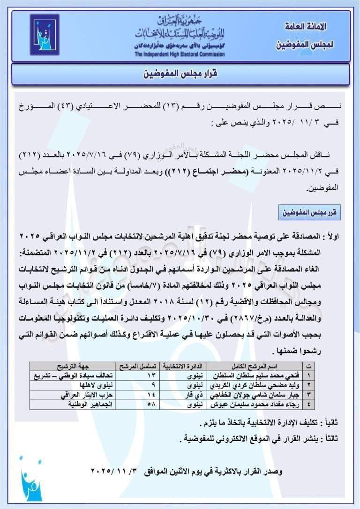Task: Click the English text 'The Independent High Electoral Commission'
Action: [180, 54]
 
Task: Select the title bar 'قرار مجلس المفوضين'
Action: [181, 74]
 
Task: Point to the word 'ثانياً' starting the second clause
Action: [332, 423]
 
